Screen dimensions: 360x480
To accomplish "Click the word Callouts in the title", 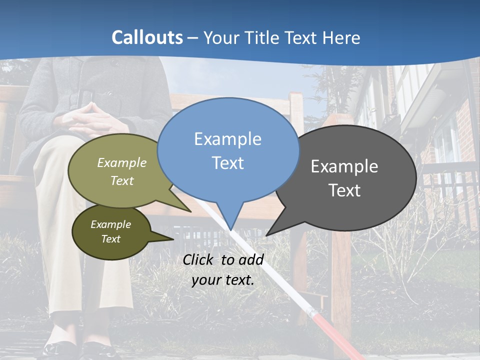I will point(147,37).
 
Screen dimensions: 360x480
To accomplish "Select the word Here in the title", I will point(341,37).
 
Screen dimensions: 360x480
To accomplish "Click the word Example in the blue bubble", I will point(227,139).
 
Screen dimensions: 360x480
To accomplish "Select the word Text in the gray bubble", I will point(344,190).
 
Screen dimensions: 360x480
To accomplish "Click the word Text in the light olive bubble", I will point(122,180).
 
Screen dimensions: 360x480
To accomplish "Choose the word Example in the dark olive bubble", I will point(110,224).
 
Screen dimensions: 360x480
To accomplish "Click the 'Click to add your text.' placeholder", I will point(223,270).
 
